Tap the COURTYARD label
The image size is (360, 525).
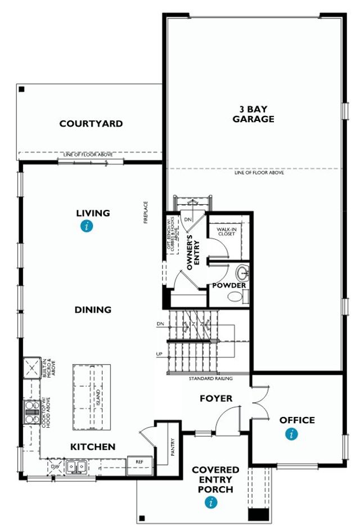click(x=91, y=124)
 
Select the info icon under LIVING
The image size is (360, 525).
click(x=86, y=227)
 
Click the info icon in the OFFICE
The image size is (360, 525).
click(x=291, y=434)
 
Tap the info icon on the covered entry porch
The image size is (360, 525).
click(x=211, y=503)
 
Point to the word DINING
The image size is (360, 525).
click(x=93, y=309)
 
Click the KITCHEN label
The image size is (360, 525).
click(x=93, y=447)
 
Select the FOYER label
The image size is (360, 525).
click(x=216, y=398)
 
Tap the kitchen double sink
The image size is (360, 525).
click(x=75, y=466)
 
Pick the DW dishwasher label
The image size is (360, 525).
click(x=55, y=466)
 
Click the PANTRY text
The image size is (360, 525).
click(x=173, y=448)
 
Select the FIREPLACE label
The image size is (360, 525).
click(x=146, y=213)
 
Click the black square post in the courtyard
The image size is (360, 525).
click(x=21, y=89)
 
